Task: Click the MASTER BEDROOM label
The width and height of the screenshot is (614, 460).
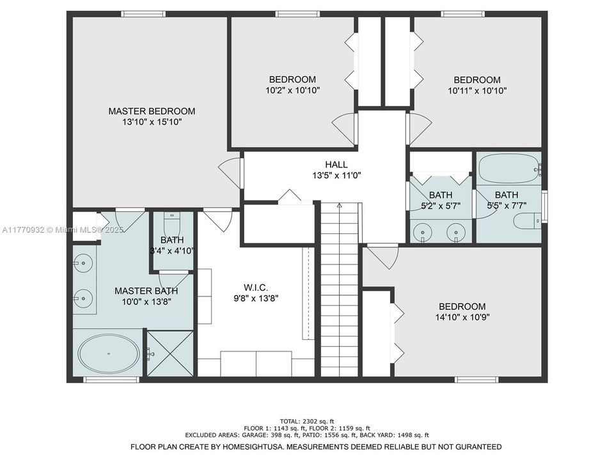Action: coord(152,111)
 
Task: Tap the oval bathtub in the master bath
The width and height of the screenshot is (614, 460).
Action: coord(108,353)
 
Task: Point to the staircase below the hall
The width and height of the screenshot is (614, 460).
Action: coord(339,291)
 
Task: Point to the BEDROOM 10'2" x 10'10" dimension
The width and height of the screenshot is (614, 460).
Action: coord(292,91)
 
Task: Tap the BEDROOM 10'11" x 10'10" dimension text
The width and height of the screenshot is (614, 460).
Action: coord(477,91)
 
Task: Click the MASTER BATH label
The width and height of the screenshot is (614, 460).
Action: coord(146,291)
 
